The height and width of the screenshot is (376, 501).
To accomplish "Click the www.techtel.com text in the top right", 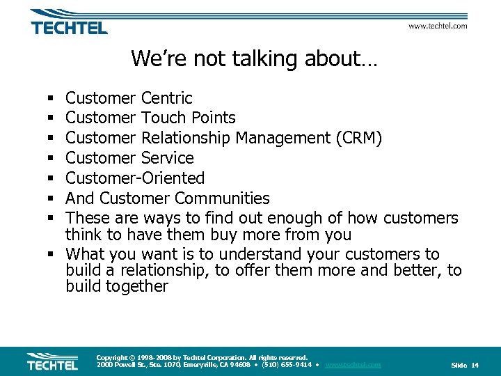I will (437, 26).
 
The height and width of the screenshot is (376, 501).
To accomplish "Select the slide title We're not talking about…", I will (254, 58).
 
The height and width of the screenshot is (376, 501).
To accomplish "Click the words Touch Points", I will (188, 118).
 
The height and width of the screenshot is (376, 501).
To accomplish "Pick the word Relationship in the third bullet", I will (186, 138).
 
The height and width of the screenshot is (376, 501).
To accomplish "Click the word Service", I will (167, 158).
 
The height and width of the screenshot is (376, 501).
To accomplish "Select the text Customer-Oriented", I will (135, 178).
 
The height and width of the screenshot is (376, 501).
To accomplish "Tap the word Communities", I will (222, 198).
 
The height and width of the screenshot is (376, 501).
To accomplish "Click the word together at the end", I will (137, 286).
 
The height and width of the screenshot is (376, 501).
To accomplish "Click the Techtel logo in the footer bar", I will (52, 361).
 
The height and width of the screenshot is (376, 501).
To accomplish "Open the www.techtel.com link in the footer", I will (353, 365).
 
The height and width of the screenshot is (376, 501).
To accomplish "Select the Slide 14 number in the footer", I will (465, 365).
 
